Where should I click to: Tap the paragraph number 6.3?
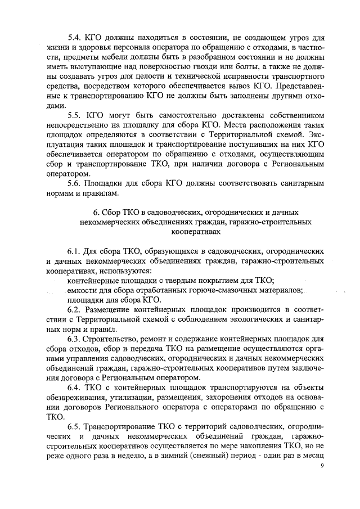tap(75, 339)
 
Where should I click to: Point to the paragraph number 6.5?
tap(75, 429)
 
